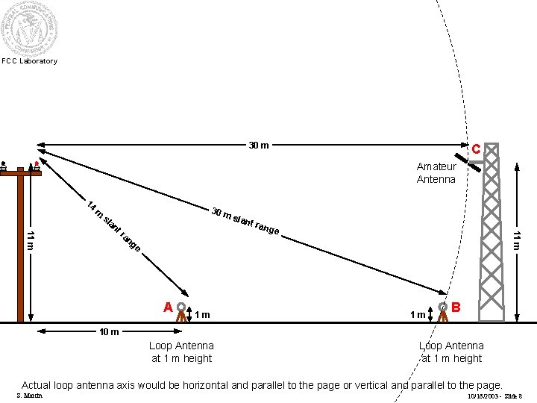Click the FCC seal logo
tap(29, 28)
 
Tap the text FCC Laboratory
tap(29, 61)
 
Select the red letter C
tap(475, 149)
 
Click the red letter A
tap(169, 307)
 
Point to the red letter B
tap(456, 307)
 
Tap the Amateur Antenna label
tap(436, 173)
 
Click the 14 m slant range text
tap(113, 224)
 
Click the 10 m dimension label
tap(110, 331)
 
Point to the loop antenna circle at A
tap(180, 305)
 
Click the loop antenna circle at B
tap(443, 305)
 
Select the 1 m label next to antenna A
tap(201, 315)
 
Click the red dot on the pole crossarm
tap(36, 162)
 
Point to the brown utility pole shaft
tap(20, 254)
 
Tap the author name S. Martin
tap(29, 396)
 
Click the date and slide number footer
tap(494, 396)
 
